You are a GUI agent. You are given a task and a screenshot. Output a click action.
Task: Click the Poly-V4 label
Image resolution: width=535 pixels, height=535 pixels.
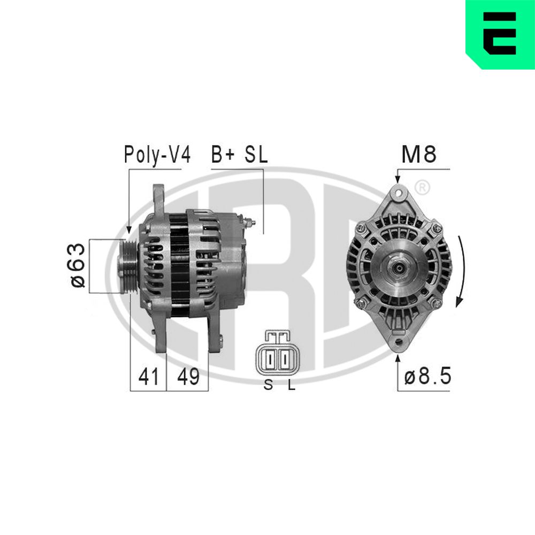[x=157, y=155]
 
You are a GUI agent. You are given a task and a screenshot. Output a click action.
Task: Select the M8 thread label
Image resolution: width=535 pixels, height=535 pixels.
[x=419, y=155]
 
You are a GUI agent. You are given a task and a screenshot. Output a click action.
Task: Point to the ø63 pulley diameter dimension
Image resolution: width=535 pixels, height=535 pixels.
[x=78, y=266]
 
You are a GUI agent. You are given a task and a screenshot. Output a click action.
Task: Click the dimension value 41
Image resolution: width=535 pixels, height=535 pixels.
[x=148, y=377]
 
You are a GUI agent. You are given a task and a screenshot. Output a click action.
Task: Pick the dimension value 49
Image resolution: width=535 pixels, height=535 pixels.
[x=187, y=377]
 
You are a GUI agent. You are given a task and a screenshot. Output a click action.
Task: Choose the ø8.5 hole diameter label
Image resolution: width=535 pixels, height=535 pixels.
[x=427, y=377]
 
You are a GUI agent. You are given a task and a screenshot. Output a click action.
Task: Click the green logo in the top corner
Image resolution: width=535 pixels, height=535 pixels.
[x=500, y=33]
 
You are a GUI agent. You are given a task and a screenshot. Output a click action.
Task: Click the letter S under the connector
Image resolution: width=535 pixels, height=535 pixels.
[x=268, y=385]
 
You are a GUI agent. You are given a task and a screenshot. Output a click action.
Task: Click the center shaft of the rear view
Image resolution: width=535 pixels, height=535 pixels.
[x=396, y=266]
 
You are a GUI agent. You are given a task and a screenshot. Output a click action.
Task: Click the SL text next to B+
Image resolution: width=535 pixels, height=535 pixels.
[x=256, y=155]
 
